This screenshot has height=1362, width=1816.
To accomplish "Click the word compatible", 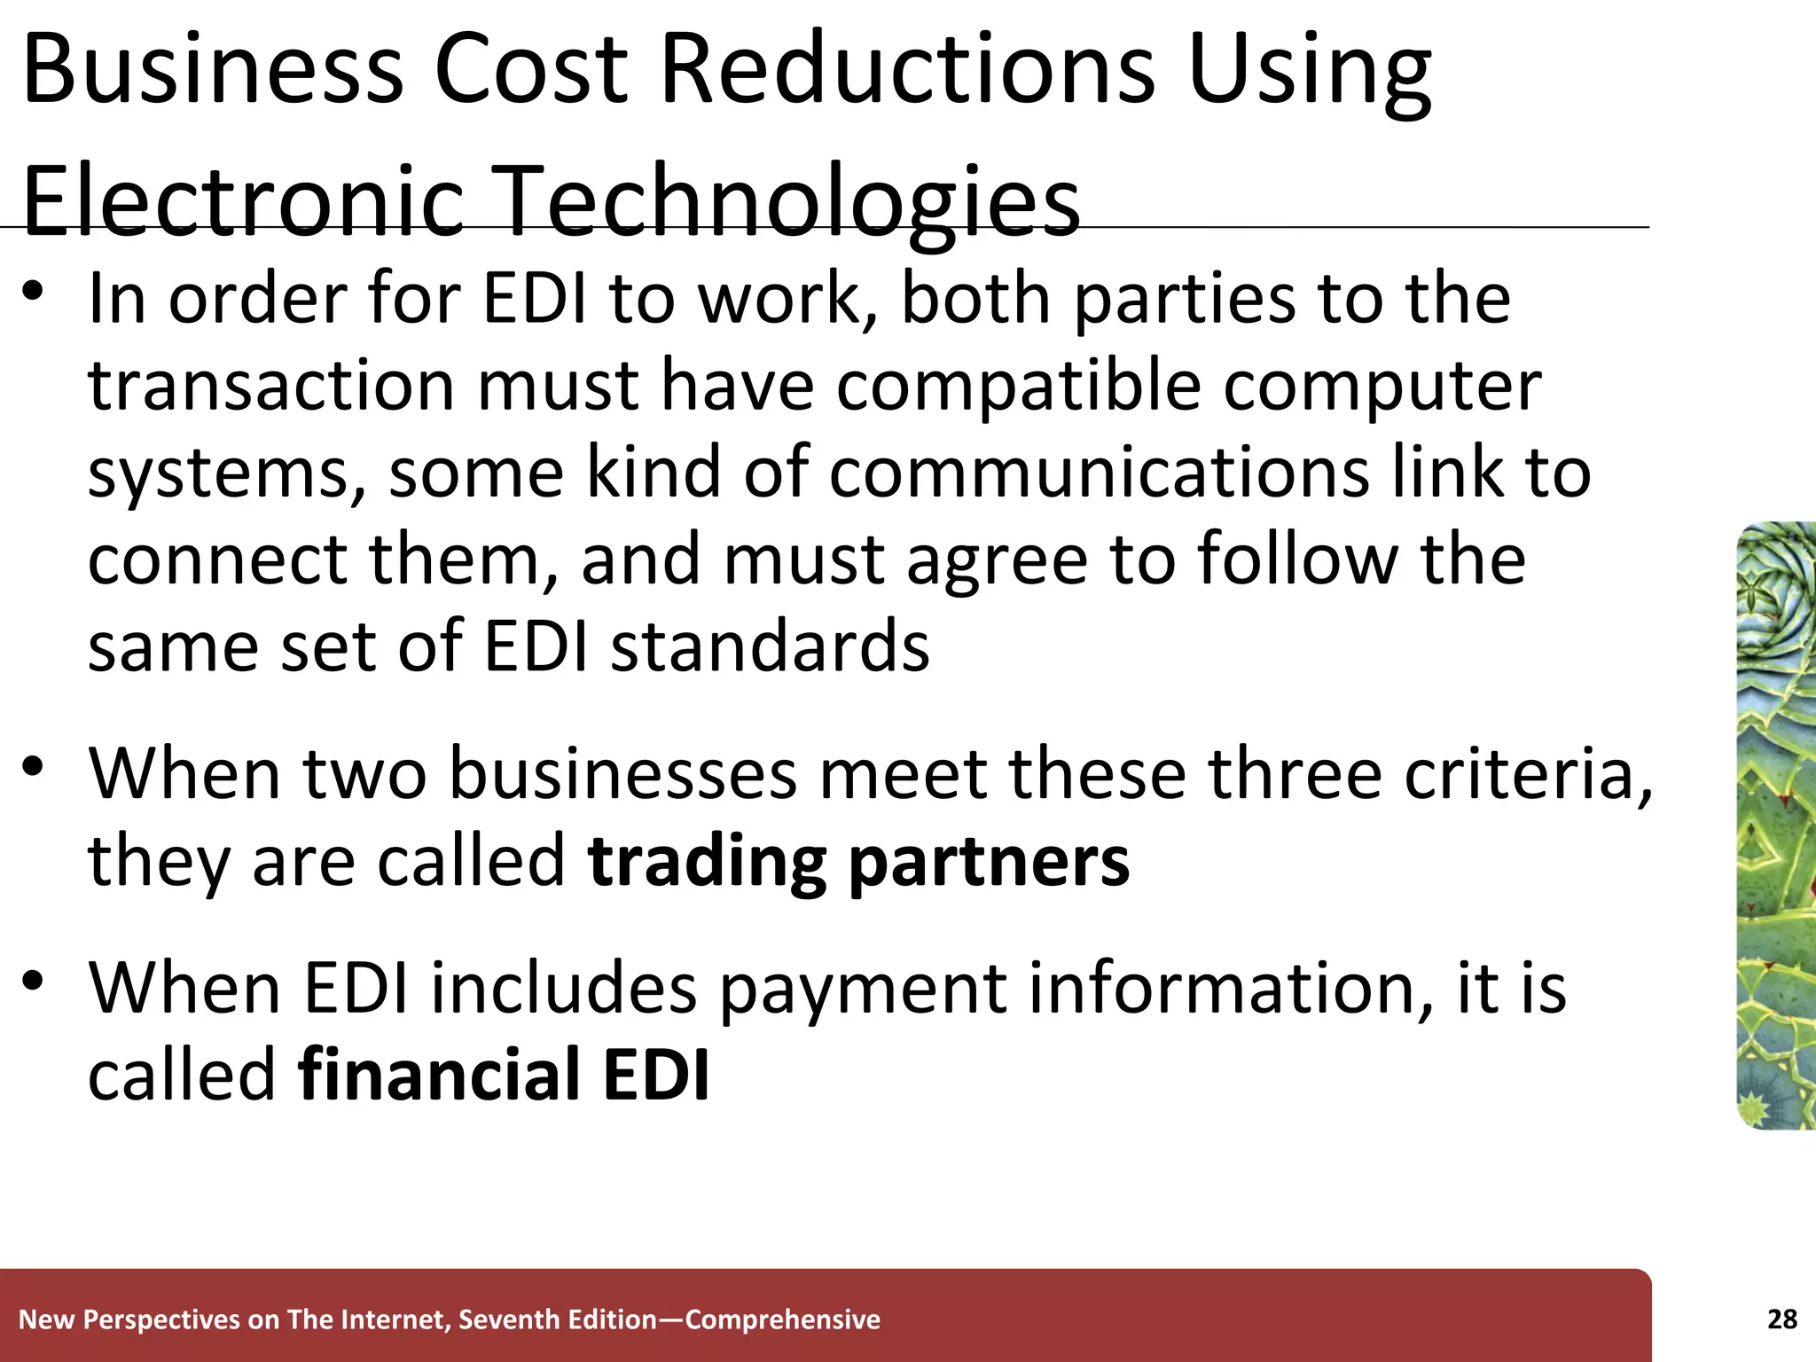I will [1019, 387].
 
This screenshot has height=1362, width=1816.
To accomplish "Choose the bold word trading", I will [707, 862].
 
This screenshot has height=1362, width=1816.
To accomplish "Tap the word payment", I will [862, 990].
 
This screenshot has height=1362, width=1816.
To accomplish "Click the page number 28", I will [1781, 1319].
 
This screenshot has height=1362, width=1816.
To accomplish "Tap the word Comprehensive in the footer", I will [783, 1319].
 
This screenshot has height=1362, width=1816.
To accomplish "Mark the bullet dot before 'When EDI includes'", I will [34, 981].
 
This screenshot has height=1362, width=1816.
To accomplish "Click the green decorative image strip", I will [1775, 825].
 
